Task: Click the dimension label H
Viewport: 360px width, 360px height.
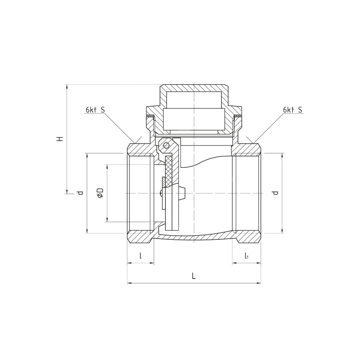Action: [60, 139]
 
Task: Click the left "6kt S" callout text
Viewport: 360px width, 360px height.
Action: [95, 110]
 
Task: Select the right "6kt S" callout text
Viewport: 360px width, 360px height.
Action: [293, 110]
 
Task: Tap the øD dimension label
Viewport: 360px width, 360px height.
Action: [100, 193]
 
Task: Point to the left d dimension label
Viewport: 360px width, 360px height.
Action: [80, 193]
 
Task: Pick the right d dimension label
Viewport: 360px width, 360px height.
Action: [275, 193]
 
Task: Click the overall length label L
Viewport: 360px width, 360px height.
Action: [194, 276]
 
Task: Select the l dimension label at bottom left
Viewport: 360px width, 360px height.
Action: [140, 255]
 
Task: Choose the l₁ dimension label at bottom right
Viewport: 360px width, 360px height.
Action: [246, 256]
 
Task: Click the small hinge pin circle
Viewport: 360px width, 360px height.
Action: [166, 145]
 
